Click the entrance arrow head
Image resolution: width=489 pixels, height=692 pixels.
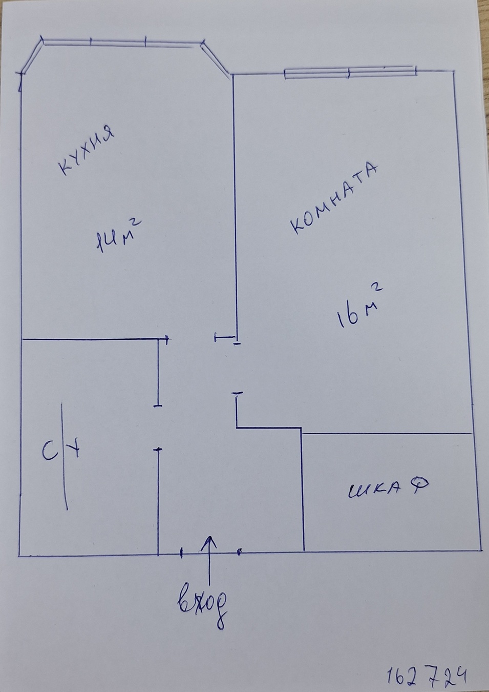[209, 541]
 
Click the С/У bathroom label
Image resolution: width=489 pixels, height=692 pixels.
[62, 451]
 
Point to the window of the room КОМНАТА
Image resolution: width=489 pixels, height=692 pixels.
[349, 72]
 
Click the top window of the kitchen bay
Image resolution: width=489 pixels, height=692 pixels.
[121, 43]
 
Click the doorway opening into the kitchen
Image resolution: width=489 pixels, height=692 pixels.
[192, 338]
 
